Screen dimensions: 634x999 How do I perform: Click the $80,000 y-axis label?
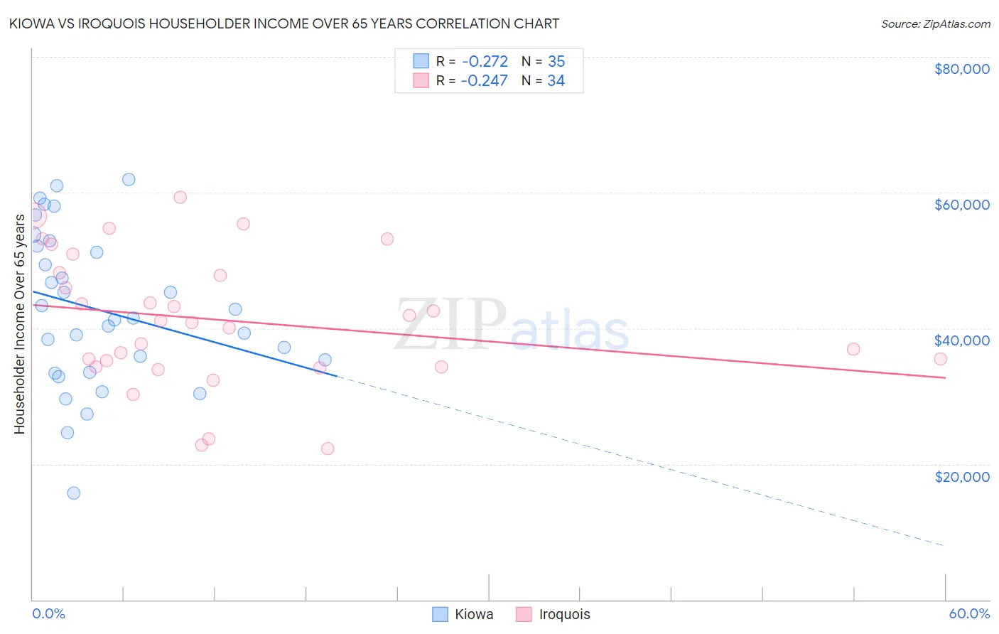click(x=961, y=69)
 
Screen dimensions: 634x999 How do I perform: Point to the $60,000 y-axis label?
click(x=961, y=205)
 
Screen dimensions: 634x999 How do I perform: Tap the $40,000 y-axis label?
click(x=961, y=340)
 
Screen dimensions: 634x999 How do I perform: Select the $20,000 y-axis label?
click(x=961, y=476)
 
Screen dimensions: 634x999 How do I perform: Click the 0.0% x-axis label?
click(x=48, y=613)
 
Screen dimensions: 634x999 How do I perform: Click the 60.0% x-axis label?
click(x=968, y=613)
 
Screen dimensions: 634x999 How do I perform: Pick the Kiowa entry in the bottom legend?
click(x=473, y=614)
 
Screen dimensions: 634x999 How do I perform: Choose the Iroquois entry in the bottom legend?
click(x=564, y=614)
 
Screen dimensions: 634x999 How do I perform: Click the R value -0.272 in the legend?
click(x=485, y=62)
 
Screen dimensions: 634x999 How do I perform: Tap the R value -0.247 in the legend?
click(x=485, y=81)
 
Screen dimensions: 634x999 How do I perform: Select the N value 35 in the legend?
click(x=556, y=62)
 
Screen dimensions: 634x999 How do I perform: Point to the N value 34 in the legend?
click(x=556, y=81)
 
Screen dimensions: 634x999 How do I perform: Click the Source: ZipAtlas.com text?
click(x=935, y=24)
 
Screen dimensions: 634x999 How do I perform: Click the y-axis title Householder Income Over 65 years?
click(x=20, y=323)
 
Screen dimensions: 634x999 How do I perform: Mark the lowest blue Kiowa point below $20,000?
click(x=73, y=493)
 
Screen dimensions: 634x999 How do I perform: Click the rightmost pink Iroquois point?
click(x=940, y=359)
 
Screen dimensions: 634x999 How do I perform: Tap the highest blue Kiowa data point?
click(x=129, y=179)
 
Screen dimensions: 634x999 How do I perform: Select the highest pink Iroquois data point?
click(x=180, y=198)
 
